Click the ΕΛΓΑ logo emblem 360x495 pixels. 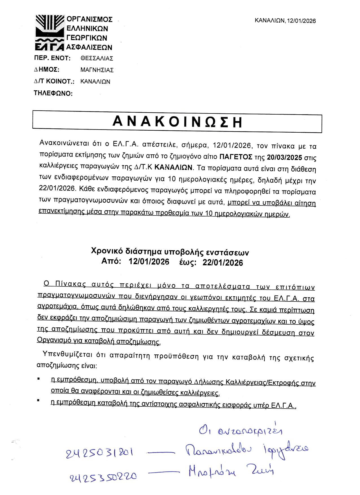50,32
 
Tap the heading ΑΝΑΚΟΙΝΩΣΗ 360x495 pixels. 177,122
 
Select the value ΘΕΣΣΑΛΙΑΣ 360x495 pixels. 97,58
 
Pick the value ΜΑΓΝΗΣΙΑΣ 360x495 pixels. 97,70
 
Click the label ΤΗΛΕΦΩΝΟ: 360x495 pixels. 53,93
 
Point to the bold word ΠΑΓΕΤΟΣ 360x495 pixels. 236,157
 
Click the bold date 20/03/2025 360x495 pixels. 284,157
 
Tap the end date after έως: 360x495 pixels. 222,263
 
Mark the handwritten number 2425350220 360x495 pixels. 103,477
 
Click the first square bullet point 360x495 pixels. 38,379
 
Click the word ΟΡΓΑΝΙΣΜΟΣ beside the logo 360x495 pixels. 90,19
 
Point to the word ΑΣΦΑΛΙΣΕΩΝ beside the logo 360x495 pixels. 89,47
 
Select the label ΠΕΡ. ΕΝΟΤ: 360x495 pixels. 52,58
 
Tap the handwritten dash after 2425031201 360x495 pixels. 161,453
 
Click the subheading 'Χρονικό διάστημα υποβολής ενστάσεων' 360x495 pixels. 170,251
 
